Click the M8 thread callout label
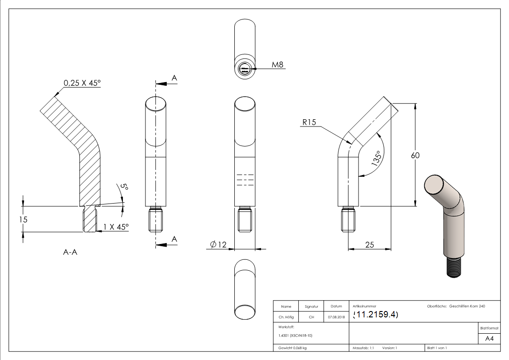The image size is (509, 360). (277, 65)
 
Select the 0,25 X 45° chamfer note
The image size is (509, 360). (82, 83)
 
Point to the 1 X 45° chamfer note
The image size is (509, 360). (116, 226)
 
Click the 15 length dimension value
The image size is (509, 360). (24, 219)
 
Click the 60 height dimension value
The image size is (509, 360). (415, 155)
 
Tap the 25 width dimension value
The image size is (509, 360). (369, 245)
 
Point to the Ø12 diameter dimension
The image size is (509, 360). (218, 245)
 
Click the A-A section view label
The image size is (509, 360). (70, 253)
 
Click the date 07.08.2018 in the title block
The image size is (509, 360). (336, 317)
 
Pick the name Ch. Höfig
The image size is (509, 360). (286, 317)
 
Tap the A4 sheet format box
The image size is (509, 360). (489, 338)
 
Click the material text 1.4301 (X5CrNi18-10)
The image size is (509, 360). (295, 336)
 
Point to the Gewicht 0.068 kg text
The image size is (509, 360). (292, 348)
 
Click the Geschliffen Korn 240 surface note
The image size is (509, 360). (467, 306)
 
